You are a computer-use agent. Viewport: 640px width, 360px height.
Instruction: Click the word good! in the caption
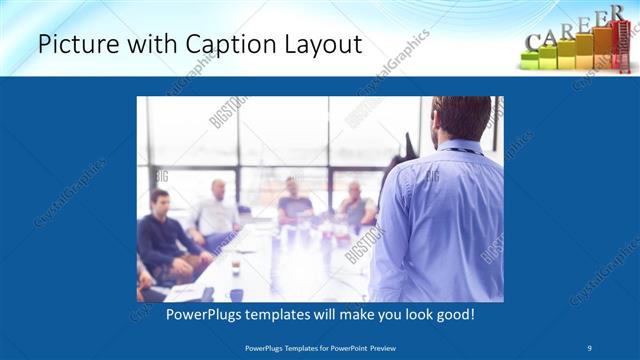tap(454, 314)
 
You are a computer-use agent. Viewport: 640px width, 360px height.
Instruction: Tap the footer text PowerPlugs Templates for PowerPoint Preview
tap(320, 349)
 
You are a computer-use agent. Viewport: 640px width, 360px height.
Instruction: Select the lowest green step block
tap(531, 61)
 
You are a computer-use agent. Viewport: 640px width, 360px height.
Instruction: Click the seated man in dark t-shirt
tap(356, 204)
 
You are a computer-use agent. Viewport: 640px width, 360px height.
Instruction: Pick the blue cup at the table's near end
tap(236, 294)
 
